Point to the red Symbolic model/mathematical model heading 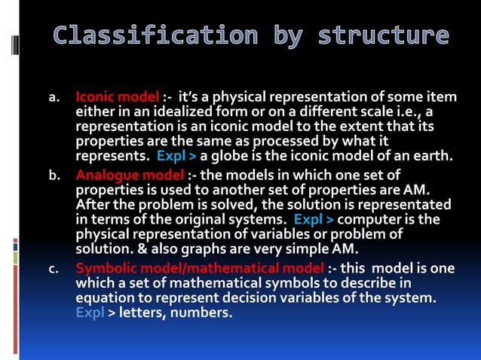click(x=200, y=269)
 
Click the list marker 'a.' click(x=54, y=98)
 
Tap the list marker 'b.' click(x=54, y=176)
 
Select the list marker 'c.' click(x=54, y=269)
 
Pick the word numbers click(x=202, y=312)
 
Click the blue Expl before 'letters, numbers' click(x=90, y=312)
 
